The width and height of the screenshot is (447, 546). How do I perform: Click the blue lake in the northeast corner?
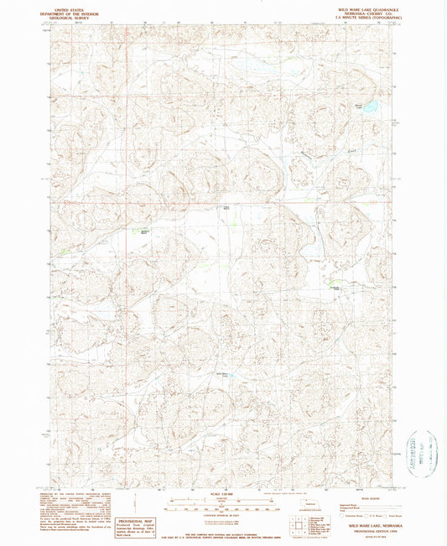tap(367, 107)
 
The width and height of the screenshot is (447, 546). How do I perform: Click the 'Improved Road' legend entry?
tap(346, 499)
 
